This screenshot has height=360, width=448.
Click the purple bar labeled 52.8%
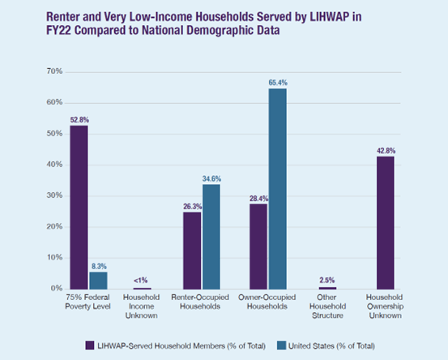point(79,208)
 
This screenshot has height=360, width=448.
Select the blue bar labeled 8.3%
point(98,281)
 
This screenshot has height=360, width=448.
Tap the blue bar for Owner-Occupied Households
point(277,189)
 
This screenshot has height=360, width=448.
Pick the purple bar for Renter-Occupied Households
point(192,251)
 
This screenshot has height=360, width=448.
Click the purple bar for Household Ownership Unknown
point(386,223)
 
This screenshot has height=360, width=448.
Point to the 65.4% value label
point(278,83)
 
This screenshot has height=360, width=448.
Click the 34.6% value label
point(211,178)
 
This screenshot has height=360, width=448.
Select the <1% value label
point(141,281)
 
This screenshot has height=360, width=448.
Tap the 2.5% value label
point(326,280)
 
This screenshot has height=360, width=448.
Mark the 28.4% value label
point(259,199)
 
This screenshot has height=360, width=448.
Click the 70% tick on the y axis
point(54,71)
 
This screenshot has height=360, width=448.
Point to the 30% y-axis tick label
point(54,195)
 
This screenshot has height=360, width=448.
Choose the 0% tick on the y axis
point(57,288)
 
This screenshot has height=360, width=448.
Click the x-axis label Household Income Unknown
point(141,306)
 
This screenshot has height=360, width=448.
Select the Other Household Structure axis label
point(327,306)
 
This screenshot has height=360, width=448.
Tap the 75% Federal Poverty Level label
point(87,302)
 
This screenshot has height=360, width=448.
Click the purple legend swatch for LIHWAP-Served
point(90,345)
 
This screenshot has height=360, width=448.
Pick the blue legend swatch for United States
point(281,345)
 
